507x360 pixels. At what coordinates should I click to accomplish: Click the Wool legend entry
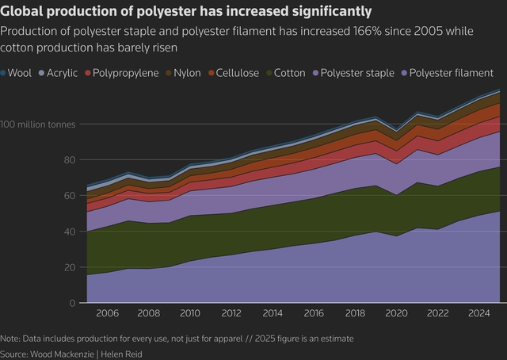(x=19, y=73)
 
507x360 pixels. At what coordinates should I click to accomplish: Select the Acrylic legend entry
(x=59, y=73)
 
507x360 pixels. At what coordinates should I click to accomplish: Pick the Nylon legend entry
(x=185, y=73)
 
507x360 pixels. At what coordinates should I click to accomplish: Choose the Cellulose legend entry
(x=236, y=73)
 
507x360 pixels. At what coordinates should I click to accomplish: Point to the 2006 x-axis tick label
(x=107, y=314)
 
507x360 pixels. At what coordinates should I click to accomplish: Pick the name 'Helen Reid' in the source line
(x=126, y=353)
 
